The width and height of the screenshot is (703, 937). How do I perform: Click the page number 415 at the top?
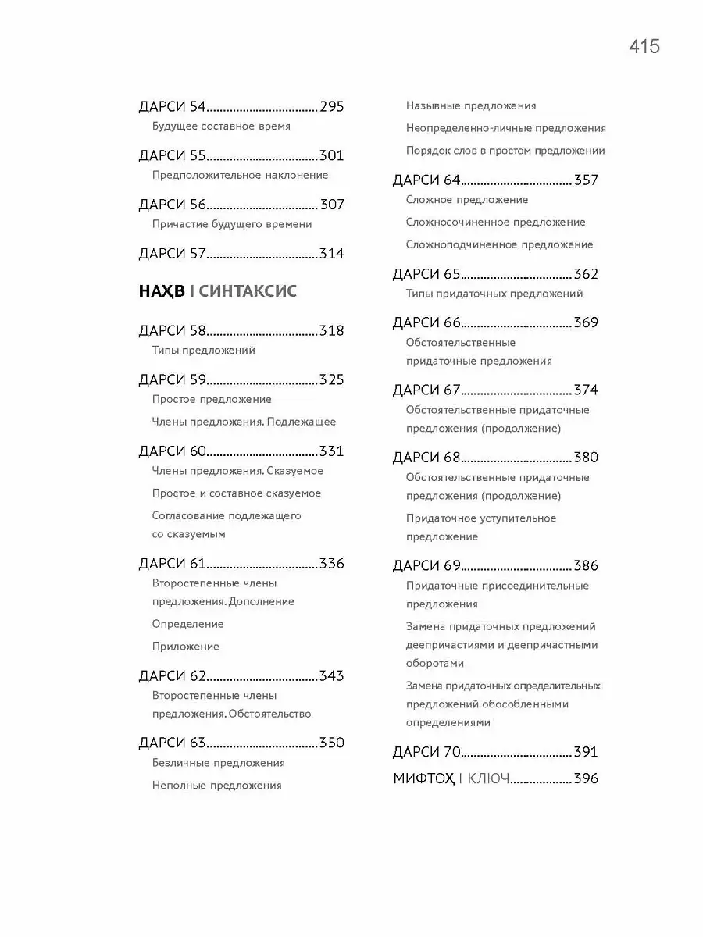pyautogui.click(x=644, y=47)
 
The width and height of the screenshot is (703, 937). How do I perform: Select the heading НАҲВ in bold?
pyautogui.click(x=162, y=292)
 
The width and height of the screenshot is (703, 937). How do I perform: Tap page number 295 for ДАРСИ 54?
pyautogui.click(x=331, y=107)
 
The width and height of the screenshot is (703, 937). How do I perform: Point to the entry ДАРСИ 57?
pyautogui.click(x=172, y=254)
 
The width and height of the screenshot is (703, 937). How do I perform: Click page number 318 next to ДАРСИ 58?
pyautogui.click(x=331, y=331)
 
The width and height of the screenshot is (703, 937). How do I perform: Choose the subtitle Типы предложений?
pyautogui.click(x=204, y=351)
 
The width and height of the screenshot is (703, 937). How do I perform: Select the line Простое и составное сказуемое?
pyautogui.click(x=237, y=493)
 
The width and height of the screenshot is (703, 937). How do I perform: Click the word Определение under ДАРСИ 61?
pyautogui.click(x=187, y=624)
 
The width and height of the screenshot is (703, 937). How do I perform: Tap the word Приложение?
pyautogui.click(x=186, y=647)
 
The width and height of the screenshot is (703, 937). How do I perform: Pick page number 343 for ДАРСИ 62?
pyautogui.click(x=331, y=676)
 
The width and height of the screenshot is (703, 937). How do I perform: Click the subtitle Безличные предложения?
pyautogui.click(x=218, y=763)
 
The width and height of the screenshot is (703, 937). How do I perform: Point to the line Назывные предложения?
pyautogui.click(x=471, y=105)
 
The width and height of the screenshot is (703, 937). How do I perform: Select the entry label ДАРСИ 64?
pyautogui.click(x=426, y=180)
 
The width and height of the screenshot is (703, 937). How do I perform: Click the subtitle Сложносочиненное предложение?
pyautogui.click(x=495, y=223)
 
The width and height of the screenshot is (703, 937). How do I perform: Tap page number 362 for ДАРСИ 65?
pyautogui.click(x=586, y=275)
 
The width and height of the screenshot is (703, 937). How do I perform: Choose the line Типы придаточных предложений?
pyautogui.click(x=494, y=294)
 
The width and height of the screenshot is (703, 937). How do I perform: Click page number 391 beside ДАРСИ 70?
pyautogui.click(x=586, y=753)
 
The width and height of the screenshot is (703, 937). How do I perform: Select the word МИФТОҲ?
pyautogui.click(x=423, y=778)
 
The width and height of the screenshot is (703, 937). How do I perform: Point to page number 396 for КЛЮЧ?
pyautogui.click(x=586, y=778)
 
